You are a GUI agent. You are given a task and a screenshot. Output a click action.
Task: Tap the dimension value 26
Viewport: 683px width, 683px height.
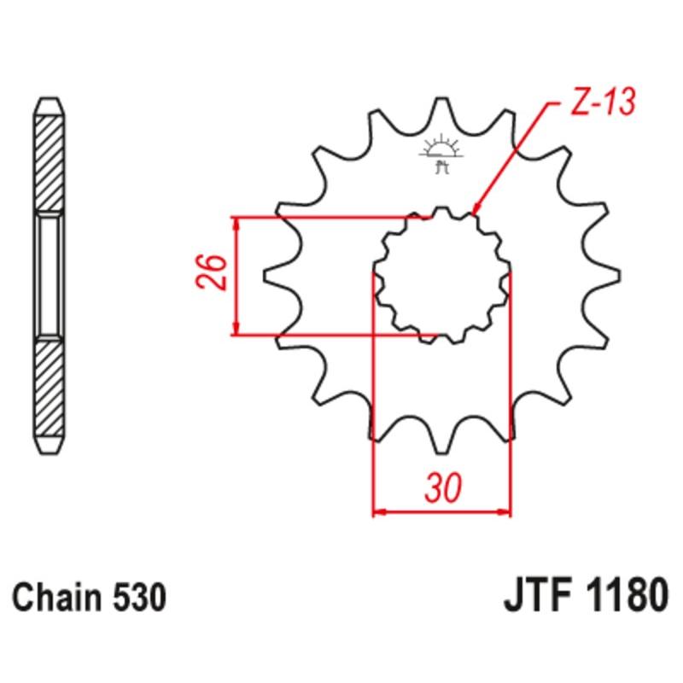coord(214,274)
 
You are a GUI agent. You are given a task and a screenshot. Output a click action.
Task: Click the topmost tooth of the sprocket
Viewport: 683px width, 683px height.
coord(441,107)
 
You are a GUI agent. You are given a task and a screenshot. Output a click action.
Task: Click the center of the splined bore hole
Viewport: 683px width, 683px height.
coord(442,275)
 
